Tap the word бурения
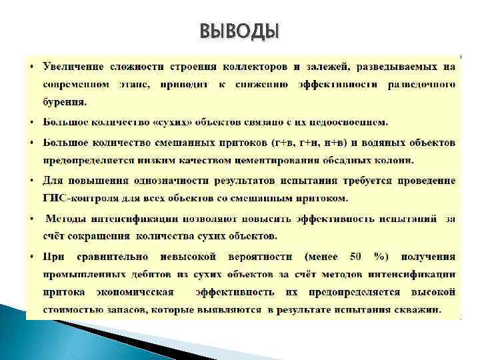click(65, 103)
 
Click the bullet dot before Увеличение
click(32, 67)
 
